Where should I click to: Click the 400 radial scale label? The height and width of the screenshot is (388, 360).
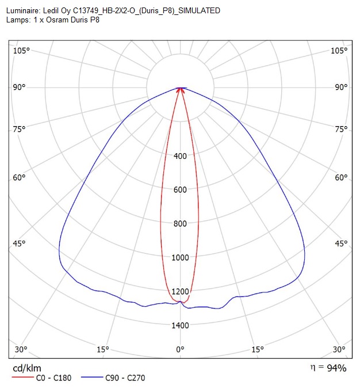coord(180,156)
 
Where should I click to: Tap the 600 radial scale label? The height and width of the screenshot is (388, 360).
coord(180,189)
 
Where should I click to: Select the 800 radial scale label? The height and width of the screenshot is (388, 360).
coord(180,223)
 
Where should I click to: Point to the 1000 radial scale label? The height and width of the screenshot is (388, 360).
coord(180,257)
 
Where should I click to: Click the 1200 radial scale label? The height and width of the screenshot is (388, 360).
coord(180,291)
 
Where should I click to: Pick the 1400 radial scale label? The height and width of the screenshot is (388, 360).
coord(180,325)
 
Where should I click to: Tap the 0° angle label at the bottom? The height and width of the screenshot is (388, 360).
coord(180,349)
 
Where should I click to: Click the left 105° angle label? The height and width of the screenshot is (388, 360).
coord(21,51)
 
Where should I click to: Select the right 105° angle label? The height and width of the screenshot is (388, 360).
coord(339,51)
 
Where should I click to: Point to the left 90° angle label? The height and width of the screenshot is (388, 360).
coord(20,87)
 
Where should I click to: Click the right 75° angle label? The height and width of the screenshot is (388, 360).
coord(341,129)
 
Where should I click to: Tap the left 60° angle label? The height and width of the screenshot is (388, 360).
coord(20,177)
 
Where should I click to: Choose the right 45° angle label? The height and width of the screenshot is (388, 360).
coord(341,244)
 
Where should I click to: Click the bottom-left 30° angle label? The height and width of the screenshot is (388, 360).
coord(21,349)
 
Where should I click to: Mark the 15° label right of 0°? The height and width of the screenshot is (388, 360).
coord(258,349)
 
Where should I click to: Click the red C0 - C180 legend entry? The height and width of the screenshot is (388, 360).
coord(41,378)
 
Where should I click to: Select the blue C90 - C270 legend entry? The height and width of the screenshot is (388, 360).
coord(113,378)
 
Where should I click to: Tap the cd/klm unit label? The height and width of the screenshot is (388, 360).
coord(27,368)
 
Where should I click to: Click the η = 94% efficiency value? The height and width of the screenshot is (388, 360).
coord(328,368)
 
